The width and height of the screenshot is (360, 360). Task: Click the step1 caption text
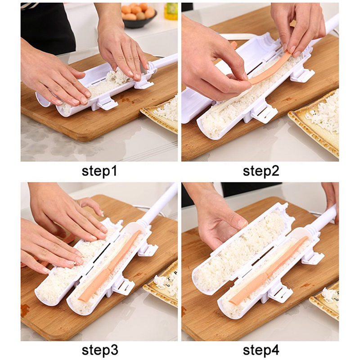point(99,171)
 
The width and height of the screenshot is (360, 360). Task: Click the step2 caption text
point(261,171)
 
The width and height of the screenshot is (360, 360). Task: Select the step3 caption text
point(100,350)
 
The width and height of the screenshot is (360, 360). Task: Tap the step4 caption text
point(261,350)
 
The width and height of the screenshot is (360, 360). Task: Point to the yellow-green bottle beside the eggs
point(171,12)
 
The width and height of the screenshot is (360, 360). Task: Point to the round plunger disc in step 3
point(135,229)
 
